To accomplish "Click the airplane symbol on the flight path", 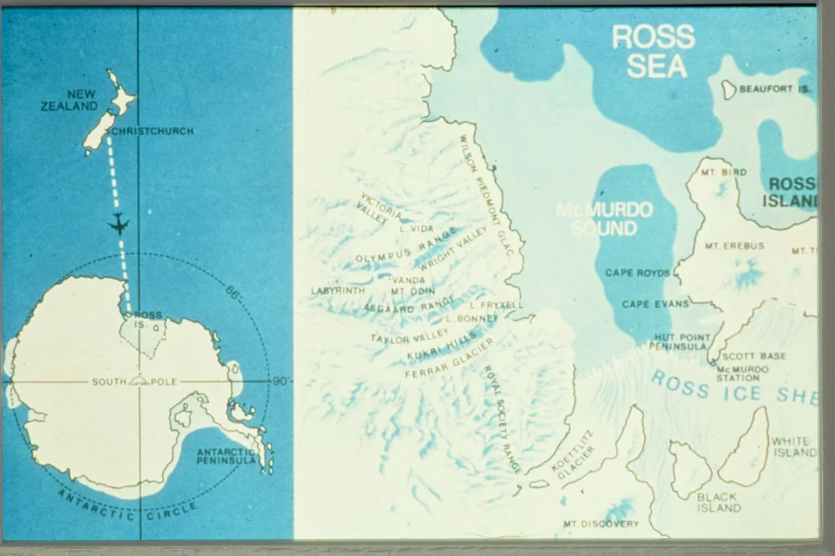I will tap(120, 224).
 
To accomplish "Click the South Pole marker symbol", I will tap(139, 380).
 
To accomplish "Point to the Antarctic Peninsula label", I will tap(227, 457).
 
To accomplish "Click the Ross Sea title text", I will tap(653, 51).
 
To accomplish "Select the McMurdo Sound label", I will tap(604, 218).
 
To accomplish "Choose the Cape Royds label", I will tap(637, 273).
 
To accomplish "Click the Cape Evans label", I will tap(655, 305).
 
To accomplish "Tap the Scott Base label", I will tap(754, 356).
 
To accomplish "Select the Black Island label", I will tap(719, 502).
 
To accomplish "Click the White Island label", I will tap(793, 447).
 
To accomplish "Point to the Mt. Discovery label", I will tap(600, 524).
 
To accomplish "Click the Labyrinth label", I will tap(338, 291).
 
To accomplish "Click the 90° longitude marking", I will tap(280, 382).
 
